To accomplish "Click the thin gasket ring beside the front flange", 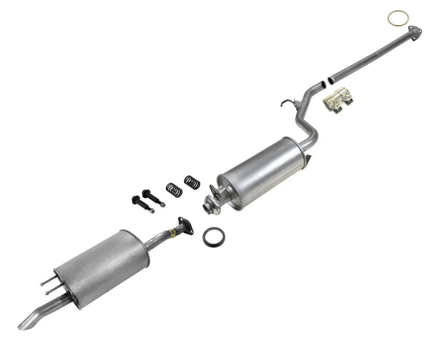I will [x=398, y=18].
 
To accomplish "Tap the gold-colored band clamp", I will [x=338, y=100].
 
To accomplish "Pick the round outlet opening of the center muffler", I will [x=212, y=205].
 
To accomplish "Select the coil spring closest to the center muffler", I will [x=192, y=182].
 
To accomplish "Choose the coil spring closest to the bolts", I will [x=174, y=189].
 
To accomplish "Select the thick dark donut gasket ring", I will [x=214, y=236].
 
